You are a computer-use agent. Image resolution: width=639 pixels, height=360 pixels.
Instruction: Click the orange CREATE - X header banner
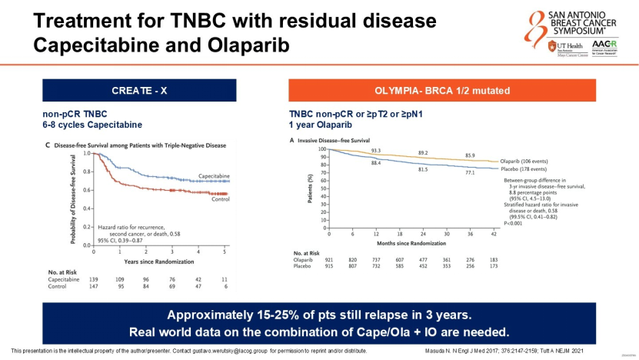click(x=139, y=90)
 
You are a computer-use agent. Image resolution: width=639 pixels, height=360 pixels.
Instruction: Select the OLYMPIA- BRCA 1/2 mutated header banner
click(x=441, y=90)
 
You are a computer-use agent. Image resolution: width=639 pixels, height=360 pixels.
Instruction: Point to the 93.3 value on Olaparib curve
click(x=376, y=151)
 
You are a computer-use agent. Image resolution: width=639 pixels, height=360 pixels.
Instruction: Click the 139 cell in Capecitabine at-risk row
click(x=95, y=279)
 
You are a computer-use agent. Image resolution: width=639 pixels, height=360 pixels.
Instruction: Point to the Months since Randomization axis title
click(x=422, y=242)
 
